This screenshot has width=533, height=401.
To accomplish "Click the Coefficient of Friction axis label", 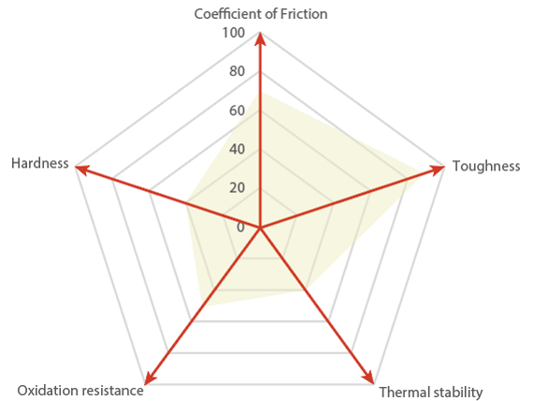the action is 261,14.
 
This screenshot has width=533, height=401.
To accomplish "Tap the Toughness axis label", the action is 486,166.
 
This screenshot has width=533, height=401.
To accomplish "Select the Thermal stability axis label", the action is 431,393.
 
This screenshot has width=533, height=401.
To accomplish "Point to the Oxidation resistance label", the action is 80,391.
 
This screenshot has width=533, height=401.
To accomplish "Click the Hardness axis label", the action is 40,163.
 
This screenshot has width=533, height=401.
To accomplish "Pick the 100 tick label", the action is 234,33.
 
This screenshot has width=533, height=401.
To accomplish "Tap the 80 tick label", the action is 237,71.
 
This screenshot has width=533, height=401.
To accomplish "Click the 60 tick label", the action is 237,111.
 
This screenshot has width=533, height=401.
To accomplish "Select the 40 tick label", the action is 237,149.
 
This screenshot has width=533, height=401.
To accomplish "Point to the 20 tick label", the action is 237,187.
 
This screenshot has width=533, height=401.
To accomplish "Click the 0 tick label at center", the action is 240,227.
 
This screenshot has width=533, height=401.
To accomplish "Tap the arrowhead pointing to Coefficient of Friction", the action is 260,38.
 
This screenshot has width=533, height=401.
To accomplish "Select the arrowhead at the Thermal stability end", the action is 368,377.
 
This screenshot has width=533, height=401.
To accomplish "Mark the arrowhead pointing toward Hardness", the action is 82,170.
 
